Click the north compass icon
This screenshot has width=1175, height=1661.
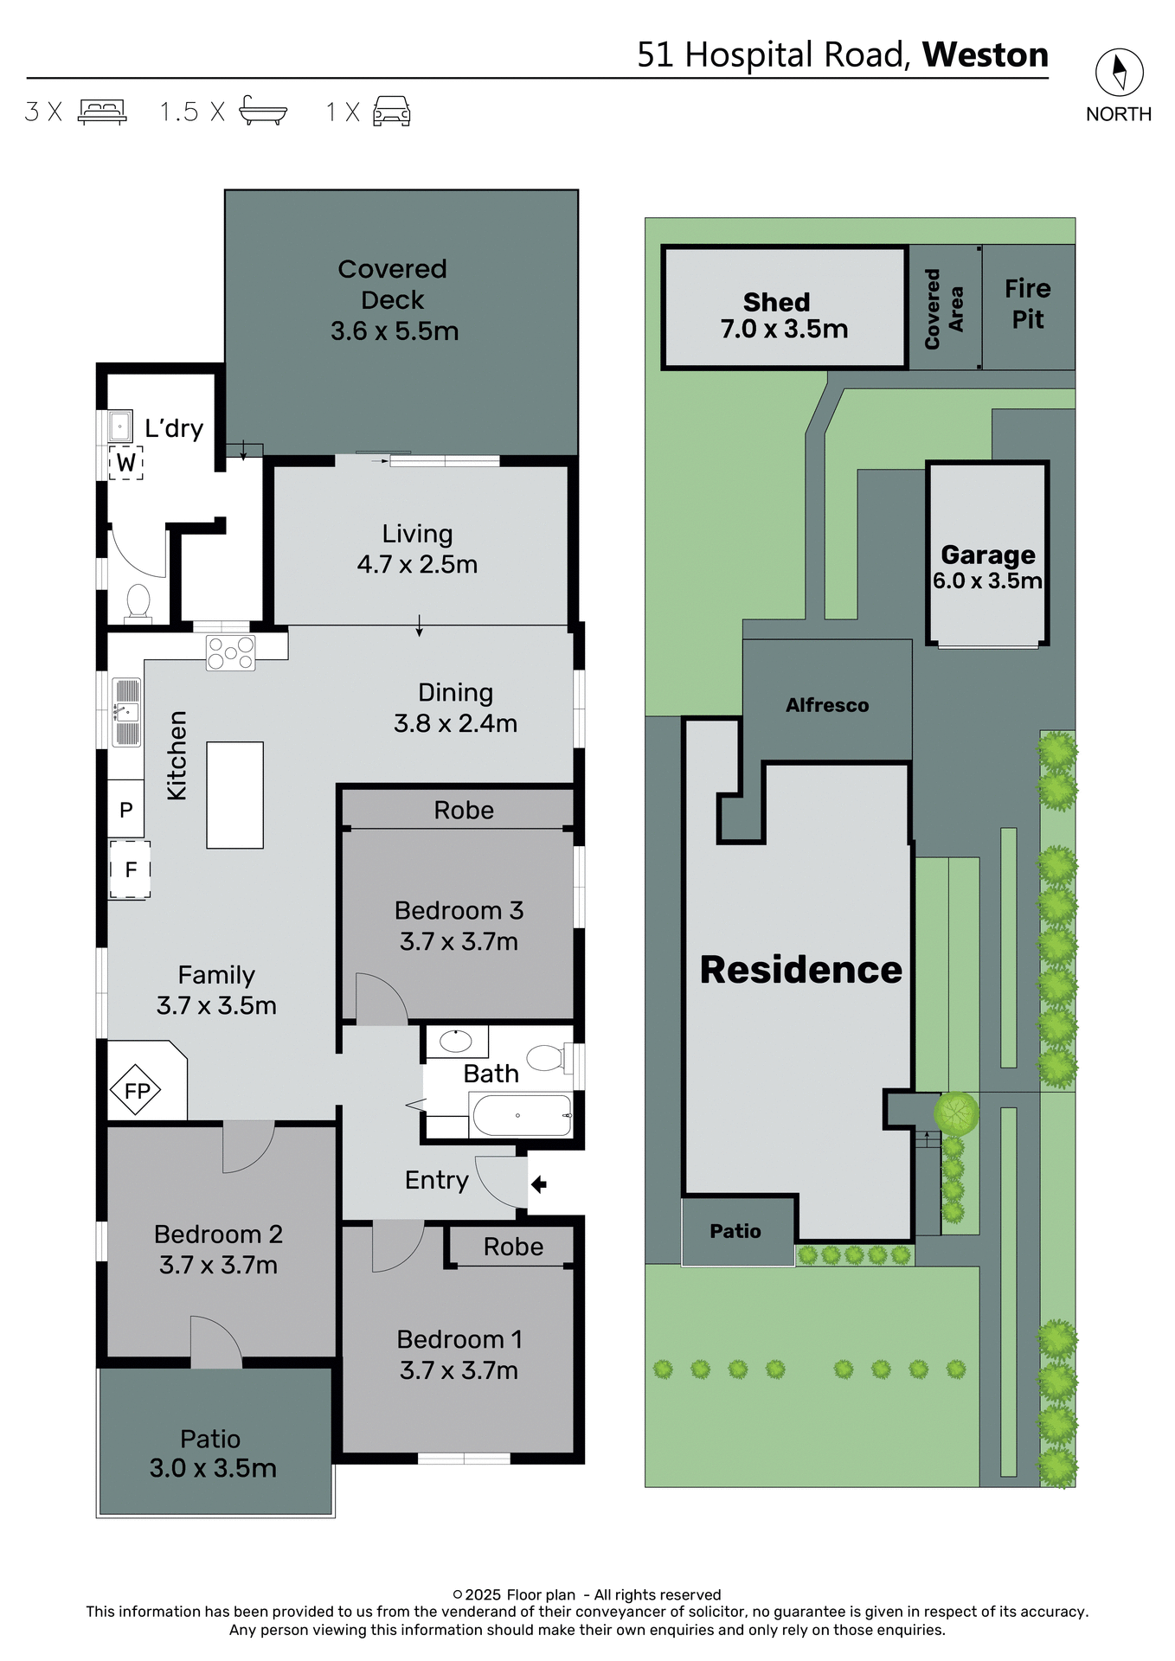[1119, 73]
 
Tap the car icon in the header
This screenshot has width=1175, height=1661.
[391, 112]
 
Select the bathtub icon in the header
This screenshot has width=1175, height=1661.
[263, 111]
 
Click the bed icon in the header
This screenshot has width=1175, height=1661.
[102, 112]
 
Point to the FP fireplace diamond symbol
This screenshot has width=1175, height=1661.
[136, 1091]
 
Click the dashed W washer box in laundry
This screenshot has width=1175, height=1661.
[126, 463]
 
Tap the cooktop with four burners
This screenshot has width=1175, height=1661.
[230, 653]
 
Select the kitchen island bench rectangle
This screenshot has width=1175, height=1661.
[234, 794]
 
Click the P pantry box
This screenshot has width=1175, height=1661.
[126, 811]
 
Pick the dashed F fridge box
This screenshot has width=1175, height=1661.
[130, 869]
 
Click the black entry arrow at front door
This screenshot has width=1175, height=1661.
[538, 1183]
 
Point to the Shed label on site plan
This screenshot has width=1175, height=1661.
[776, 302]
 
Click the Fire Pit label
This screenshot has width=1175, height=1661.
[1028, 304]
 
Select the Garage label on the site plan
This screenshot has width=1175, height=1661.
[987, 555]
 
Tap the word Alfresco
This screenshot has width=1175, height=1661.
[826, 705]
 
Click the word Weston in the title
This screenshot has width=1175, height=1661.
[985, 55]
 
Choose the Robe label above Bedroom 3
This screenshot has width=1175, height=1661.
[464, 810]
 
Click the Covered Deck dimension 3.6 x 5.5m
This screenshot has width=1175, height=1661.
[395, 330]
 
